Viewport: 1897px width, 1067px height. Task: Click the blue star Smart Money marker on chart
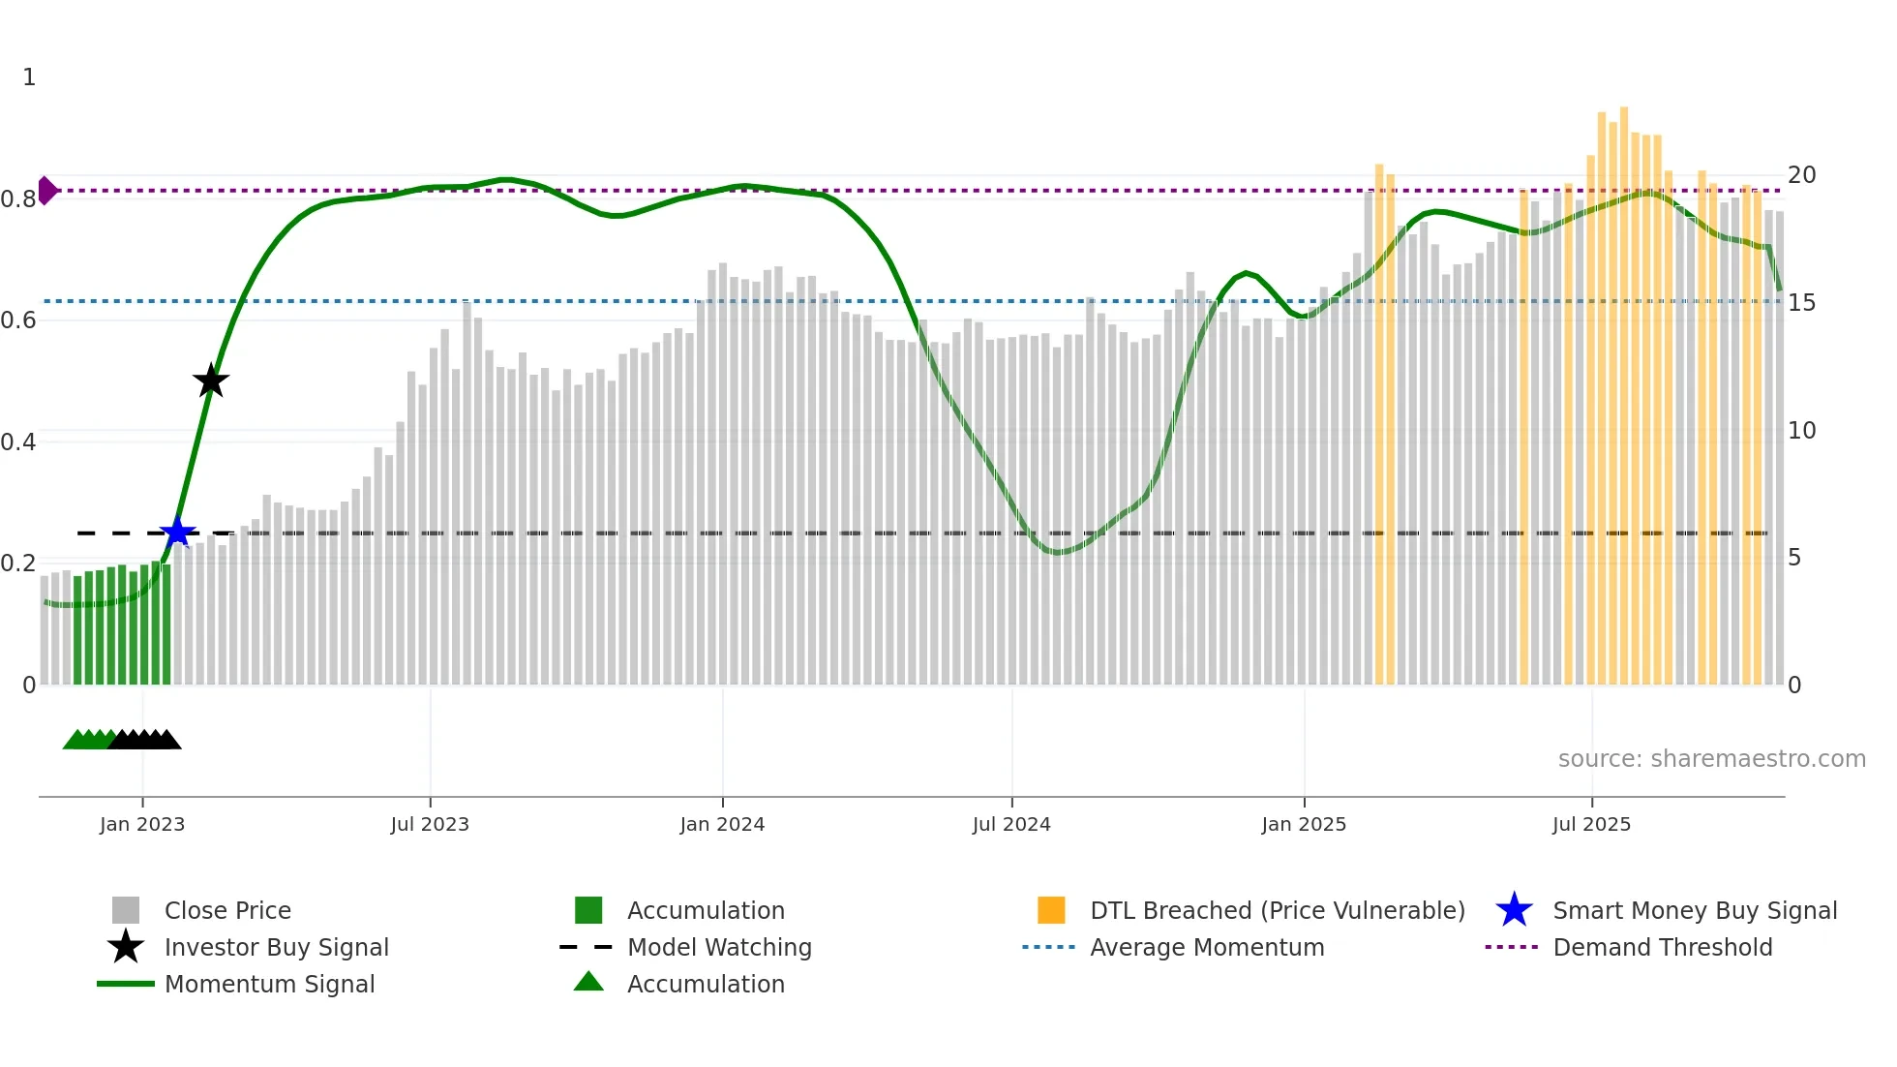coord(177,533)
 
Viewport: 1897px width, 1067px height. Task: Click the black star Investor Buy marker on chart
coord(211,381)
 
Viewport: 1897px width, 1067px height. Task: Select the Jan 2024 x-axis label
coord(722,824)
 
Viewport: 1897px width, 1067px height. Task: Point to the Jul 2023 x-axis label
coord(430,824)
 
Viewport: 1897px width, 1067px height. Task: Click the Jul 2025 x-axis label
coord(1591,824)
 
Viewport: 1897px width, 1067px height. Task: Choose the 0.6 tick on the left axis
coord(18,320)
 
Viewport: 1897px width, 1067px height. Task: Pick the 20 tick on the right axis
coord(1801,175)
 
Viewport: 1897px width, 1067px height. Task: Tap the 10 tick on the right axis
coord(1801,430)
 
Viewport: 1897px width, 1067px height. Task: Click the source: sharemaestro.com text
coord(1711,758)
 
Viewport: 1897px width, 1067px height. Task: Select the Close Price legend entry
coord(227,910)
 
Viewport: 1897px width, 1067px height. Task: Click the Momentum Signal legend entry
coord(269,984)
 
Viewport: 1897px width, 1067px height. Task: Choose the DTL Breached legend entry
coord(1277,910)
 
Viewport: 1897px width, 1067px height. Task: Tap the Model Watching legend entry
coord(719,947)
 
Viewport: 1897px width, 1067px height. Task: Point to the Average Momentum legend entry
coord(1207,947)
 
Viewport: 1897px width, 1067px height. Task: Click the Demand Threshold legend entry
coord(1662,947)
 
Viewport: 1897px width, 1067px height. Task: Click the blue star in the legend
coord(1514,910)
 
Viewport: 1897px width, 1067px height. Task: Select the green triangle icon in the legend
coord(588,982)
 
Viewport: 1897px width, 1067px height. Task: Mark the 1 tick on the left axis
coord(29,77)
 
